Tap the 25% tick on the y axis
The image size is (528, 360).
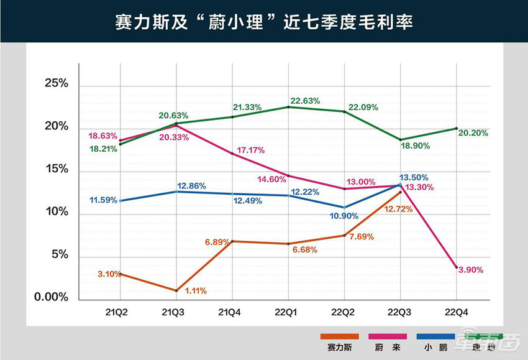(x=56, y=83)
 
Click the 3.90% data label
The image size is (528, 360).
(x=470, y=270)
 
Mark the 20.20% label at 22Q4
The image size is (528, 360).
(x=473, y=132)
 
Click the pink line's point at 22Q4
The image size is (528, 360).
(x=456, y=267)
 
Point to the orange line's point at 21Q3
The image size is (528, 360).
(x=176, y=290)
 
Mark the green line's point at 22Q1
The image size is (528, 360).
(x=288, y=107)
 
